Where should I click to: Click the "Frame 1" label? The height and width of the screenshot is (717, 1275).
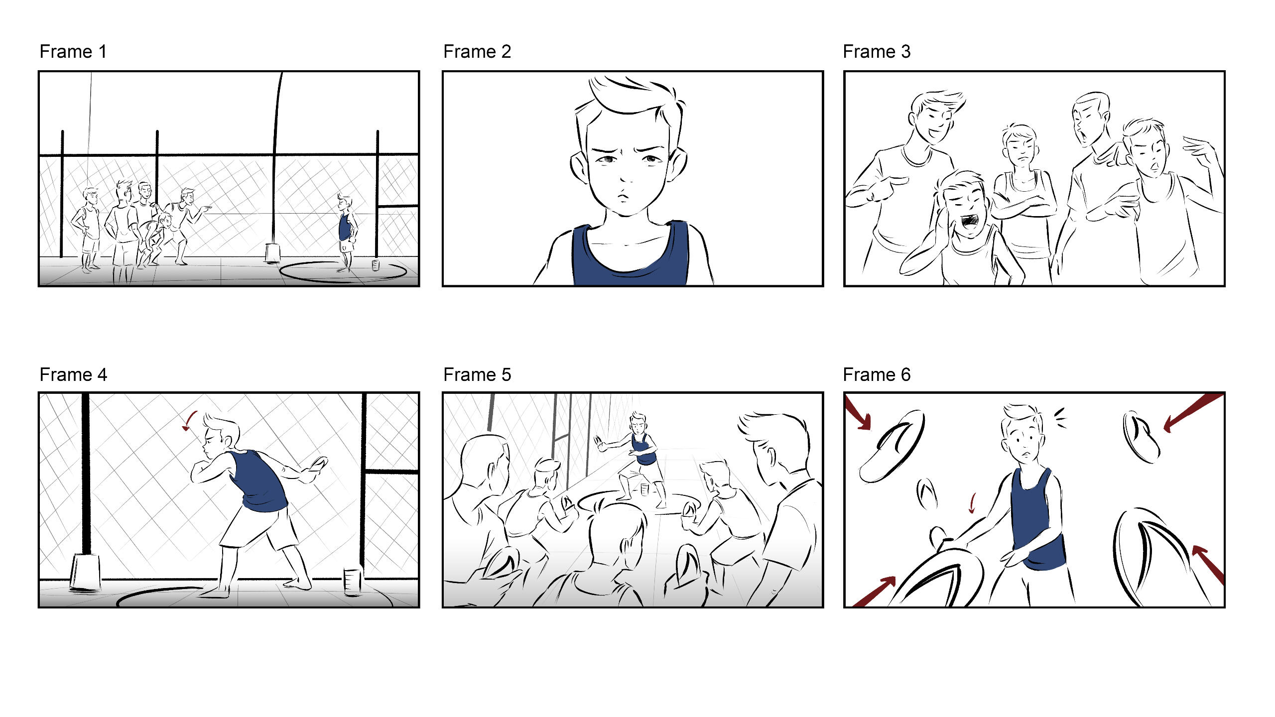[x=73, y=52]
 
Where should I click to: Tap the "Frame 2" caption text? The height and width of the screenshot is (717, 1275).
[x=477, y=52]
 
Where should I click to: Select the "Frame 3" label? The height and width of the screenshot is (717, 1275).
[x=877, y=52]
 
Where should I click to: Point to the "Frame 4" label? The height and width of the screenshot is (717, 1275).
[x=73, y=374]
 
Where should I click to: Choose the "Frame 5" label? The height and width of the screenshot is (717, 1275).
[x=477, y=374]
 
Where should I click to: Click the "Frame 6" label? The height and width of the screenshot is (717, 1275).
[x=877, y=374]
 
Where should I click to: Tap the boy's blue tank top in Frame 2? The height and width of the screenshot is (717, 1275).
[x=630, y=256]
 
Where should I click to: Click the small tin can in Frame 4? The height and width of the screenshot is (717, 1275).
[x=353, y=582]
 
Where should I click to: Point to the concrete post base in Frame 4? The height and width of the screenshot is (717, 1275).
[x=85, y=573]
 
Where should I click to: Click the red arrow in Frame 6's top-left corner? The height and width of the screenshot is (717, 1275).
[x=858, y=413]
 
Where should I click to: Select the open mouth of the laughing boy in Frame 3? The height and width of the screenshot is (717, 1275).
[x=970, y=221]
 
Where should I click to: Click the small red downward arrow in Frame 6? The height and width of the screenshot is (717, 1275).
[x=972, y=503]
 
